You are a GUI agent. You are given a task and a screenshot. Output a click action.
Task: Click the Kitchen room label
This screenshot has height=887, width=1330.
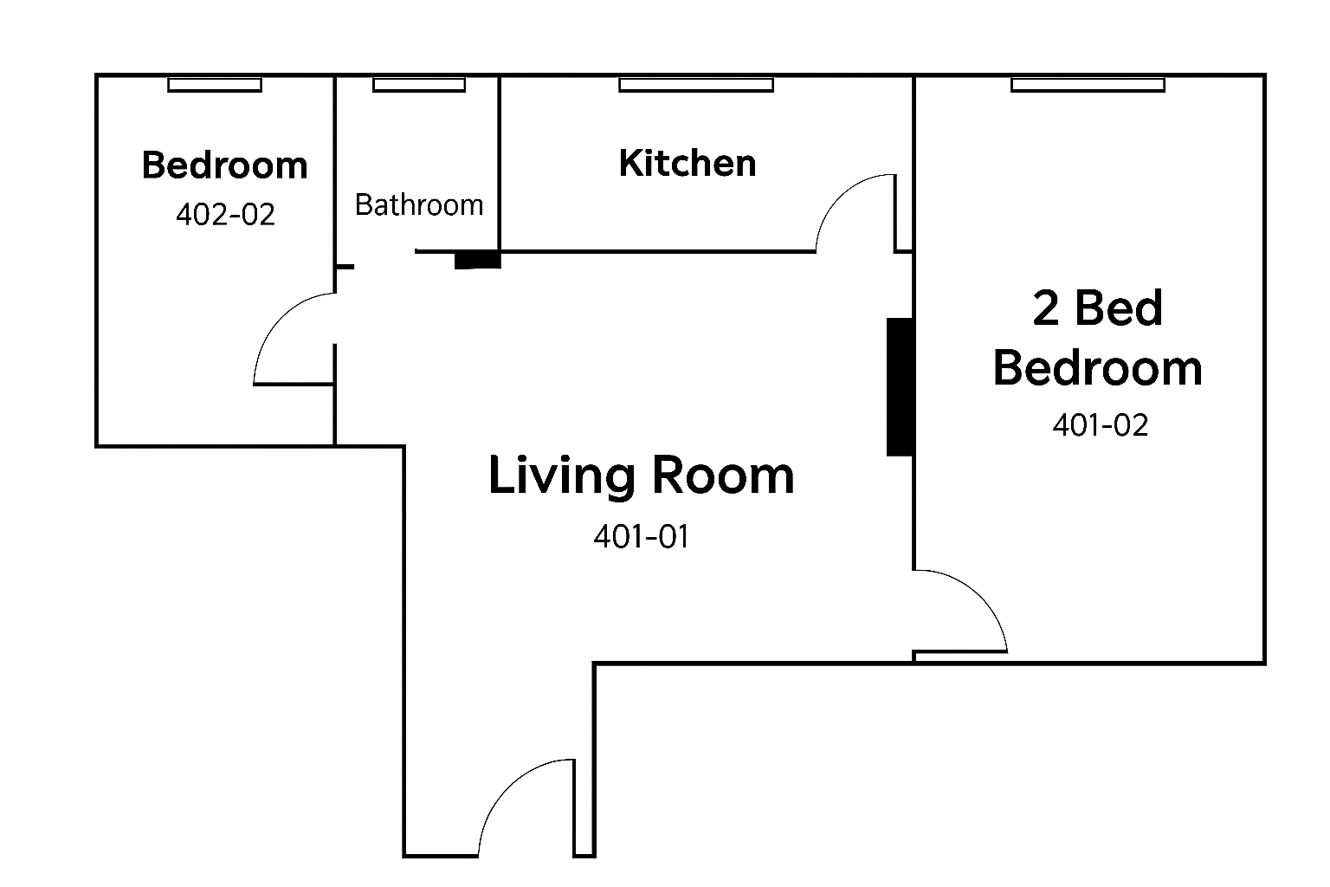[688, 163]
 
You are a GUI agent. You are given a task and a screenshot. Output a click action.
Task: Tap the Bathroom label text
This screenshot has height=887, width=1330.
[419, 205]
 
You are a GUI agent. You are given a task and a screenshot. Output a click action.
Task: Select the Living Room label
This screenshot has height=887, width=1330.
[642, 476]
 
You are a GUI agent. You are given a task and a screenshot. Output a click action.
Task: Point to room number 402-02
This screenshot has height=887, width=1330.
[226, 215]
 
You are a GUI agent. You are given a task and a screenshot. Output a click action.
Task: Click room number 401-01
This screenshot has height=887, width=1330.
[642, 536]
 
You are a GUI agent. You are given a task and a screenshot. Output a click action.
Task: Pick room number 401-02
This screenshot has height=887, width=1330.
[1101, 425]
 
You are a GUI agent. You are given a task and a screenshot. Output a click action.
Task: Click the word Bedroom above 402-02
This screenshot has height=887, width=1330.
[224, 165]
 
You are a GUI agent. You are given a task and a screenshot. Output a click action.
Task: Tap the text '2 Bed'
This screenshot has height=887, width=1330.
[1097, 308]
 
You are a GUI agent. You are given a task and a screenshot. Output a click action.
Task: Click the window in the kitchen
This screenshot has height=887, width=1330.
[696, 85]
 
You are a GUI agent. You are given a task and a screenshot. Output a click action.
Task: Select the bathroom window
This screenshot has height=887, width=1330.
[419, 85]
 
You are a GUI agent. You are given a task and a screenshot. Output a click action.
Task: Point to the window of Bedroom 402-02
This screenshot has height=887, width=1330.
[215, 85]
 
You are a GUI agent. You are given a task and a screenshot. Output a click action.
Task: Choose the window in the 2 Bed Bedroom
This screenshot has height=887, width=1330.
[1088, 85]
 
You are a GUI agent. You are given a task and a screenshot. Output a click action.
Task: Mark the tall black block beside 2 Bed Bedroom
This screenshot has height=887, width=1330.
[901, 387]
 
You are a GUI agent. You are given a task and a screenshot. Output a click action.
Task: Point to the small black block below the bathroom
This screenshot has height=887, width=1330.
[477, 260]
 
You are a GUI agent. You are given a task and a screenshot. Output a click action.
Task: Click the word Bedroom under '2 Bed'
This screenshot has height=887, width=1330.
[1097, 368]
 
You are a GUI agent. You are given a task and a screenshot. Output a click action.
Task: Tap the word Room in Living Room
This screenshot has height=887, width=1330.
[723, 476]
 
